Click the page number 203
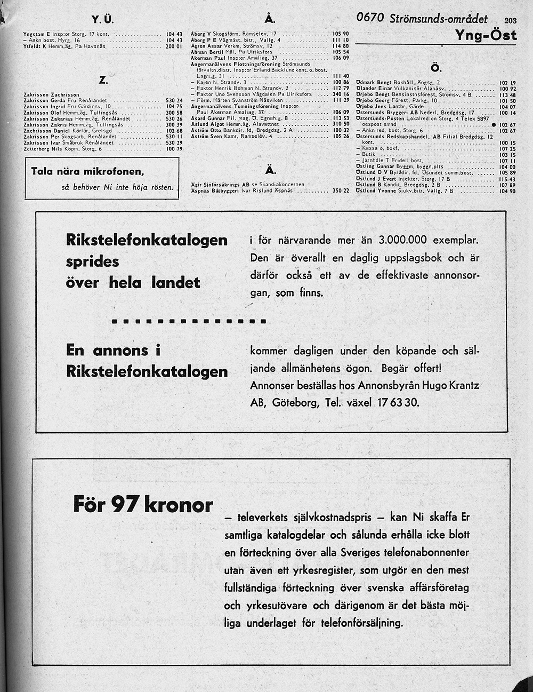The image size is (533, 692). coord(510,21)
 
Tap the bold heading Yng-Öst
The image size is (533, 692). coord(486,35)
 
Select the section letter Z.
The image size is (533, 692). coord(103,80)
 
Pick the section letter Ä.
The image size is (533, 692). coord(270,170)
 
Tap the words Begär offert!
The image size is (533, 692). coord(412,368)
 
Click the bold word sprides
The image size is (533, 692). coord(93,261)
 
